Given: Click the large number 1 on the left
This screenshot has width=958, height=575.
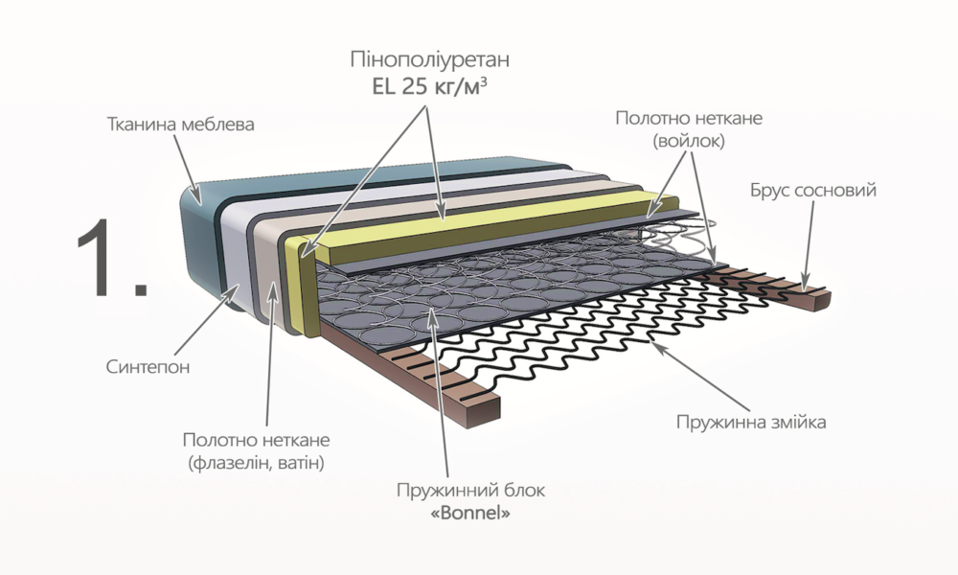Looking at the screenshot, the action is (x=112, y=258).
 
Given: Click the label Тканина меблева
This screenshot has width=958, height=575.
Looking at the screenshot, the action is (x=181, y=125).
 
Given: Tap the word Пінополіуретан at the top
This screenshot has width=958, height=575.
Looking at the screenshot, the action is (x=430, y=59).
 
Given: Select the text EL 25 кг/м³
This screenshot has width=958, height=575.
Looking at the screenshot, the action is (x=430, y=87).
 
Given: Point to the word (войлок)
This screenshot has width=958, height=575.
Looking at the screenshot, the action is (x=689, y=141).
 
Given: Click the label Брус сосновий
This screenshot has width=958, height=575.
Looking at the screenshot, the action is (x=813, y=190).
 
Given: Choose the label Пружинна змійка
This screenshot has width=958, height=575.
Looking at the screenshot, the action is (x=751, y=422).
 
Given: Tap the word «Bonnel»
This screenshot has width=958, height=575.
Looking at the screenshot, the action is (x=470, y=514).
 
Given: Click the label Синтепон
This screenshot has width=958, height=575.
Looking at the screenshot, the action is (x=148, y=367).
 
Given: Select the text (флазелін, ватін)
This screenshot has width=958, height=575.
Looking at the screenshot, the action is (x=256, y=463).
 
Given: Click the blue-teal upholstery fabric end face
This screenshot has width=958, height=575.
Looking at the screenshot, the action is (x=201, y=244).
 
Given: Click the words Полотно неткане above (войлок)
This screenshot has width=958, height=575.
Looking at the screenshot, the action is (x=689, y=118).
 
